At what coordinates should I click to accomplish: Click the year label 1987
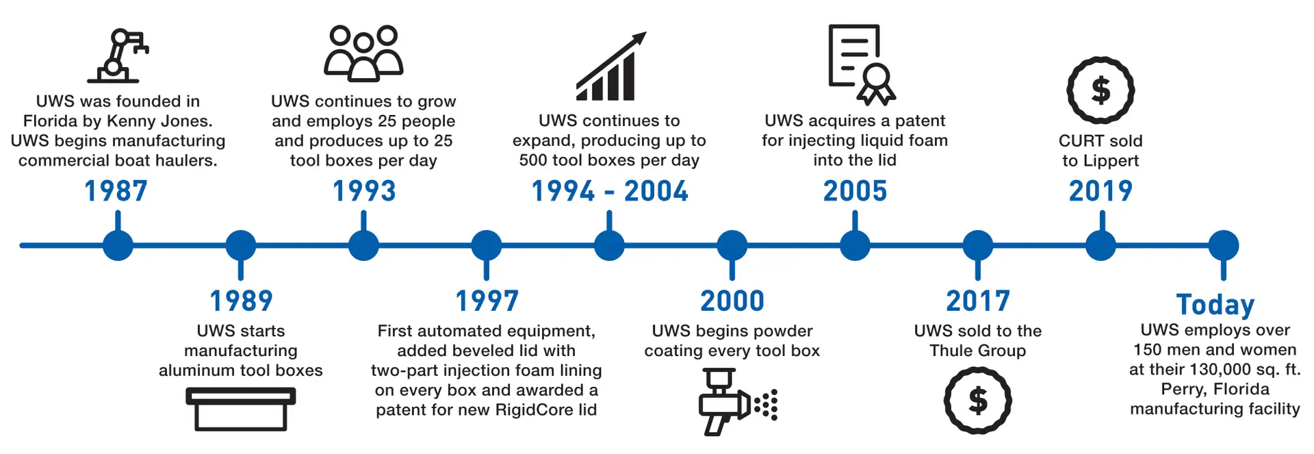116,191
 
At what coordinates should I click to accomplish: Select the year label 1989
241,301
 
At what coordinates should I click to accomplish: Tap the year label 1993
363,191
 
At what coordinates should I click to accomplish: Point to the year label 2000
732,301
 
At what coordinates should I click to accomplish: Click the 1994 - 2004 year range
609,191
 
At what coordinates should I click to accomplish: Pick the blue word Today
1215,304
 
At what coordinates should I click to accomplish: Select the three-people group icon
363,53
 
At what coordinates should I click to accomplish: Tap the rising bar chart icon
610,66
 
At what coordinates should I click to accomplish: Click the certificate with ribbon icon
861,64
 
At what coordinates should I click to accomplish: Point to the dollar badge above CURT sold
1100,90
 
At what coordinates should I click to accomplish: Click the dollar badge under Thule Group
977,401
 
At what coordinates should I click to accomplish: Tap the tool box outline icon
240,409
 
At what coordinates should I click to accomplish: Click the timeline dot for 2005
855,245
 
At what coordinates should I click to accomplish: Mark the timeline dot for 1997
486,245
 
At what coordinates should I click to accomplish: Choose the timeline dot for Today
1223,245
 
